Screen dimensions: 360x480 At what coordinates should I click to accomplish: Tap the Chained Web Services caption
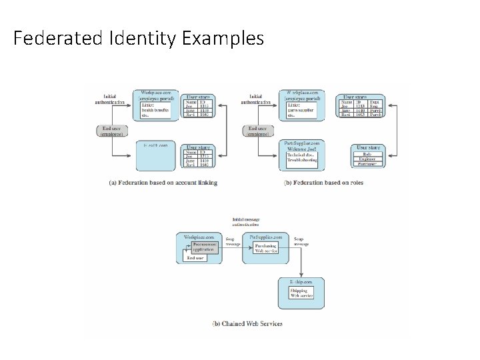[247, 323]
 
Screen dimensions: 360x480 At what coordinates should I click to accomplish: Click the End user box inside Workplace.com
[195, 257]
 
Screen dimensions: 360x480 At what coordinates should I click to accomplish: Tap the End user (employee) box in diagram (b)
[259, 131]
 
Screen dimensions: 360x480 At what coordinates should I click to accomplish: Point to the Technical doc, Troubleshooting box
[302, 159]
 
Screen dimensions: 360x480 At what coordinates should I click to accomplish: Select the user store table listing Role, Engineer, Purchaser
[368, 157]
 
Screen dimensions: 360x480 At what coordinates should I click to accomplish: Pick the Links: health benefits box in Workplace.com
[155, 109]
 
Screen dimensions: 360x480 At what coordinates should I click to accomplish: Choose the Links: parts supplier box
[299, 109]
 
